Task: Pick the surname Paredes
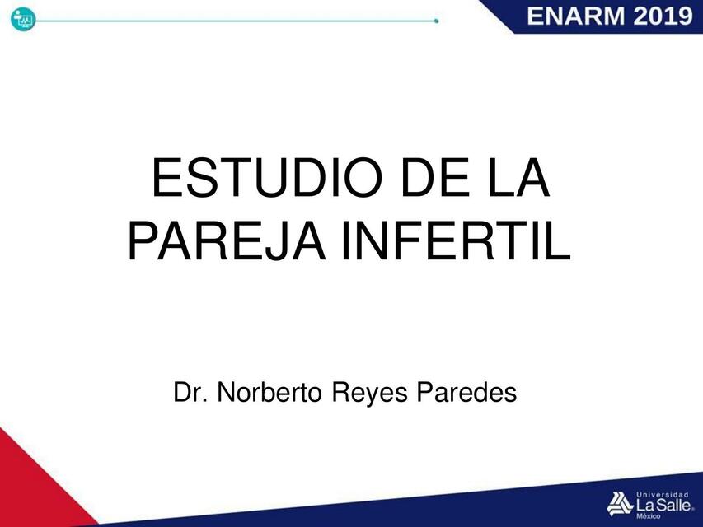click(x=466, y=393)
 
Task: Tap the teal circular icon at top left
click(x=22, y=20)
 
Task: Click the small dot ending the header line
click(x=436, y=21)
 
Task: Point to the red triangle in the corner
click(x=33, y=486)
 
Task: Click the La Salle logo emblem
click(x=619, y=501)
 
